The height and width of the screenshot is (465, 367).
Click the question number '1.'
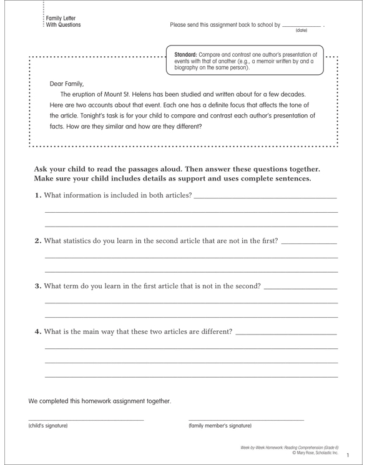[x=39, y=197]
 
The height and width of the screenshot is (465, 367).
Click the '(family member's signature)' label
[x=220, y=426]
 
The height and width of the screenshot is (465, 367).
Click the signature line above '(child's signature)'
[x=86, y=419]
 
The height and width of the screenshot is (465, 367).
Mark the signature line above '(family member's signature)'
[x=246, y=419]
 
